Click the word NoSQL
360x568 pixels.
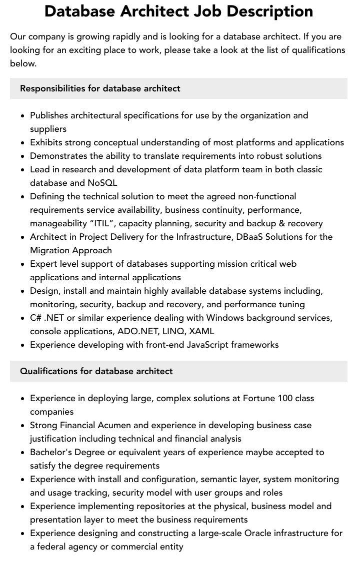(x=102, y=183)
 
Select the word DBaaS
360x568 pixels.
(x=252, y=237)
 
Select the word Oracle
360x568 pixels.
(x=259, y=533)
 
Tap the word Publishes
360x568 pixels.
(x=49, y=115)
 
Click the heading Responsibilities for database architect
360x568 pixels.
(x=100, y=88)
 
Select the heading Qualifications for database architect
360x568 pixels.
(x=96, y=371)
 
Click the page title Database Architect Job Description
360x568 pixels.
(x=178, y=11)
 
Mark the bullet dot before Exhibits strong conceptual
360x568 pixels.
(x=22, y=143)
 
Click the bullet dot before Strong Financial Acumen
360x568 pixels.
(x=22, y=426)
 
